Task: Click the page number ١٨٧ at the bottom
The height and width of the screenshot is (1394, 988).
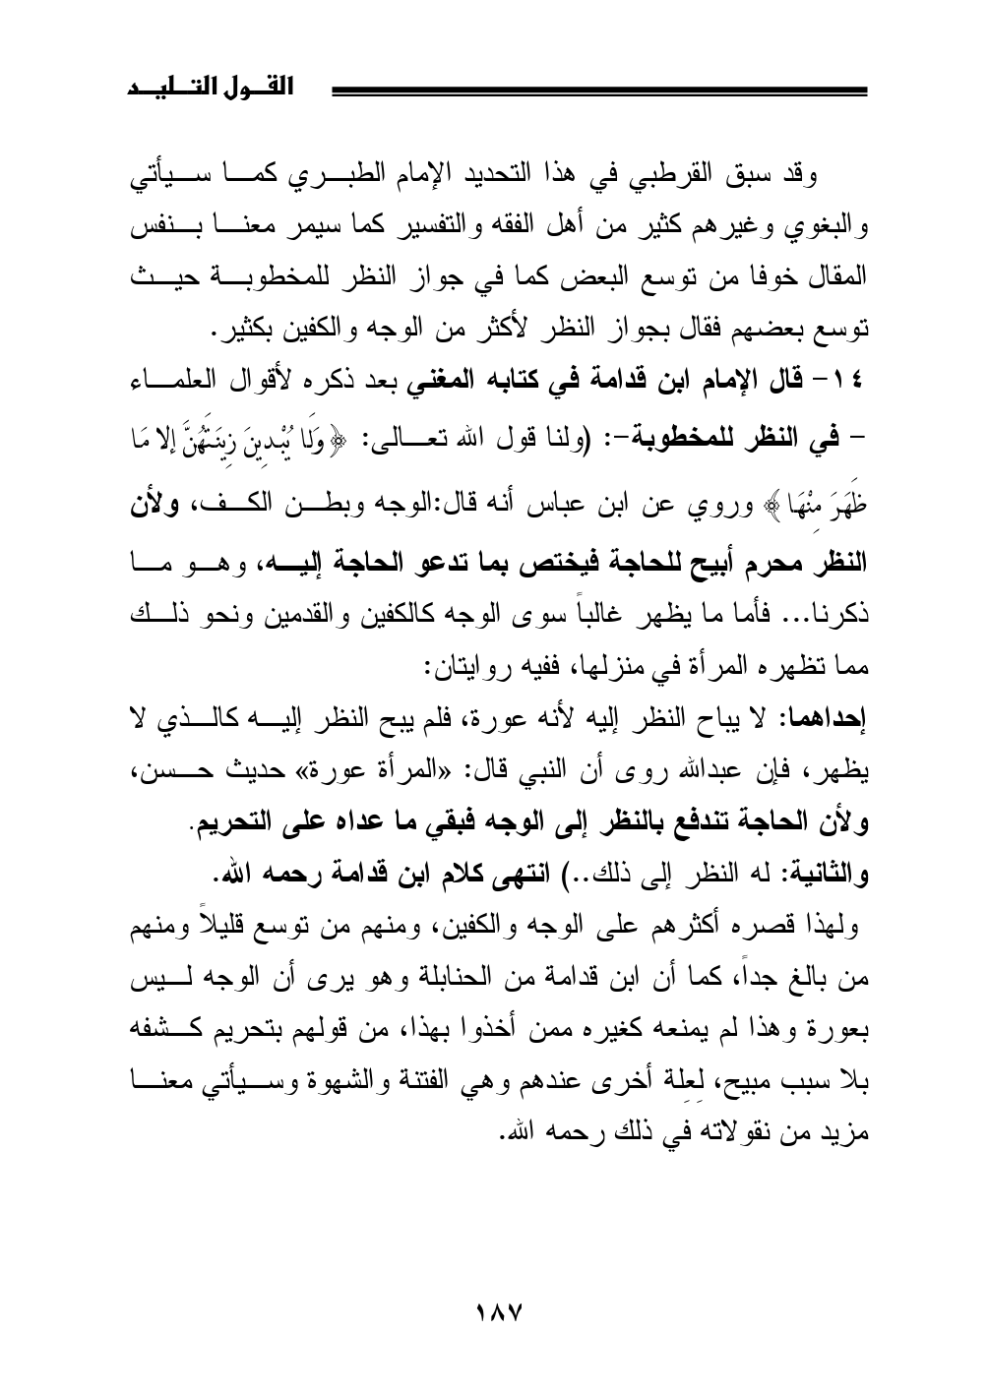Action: tap(494, 1310)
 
